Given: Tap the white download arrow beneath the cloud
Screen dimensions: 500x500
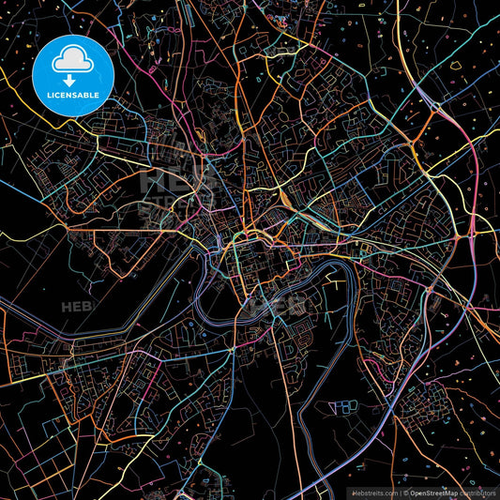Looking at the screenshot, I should point(72,80).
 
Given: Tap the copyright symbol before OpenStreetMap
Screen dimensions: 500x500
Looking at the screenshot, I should point(403,492).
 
